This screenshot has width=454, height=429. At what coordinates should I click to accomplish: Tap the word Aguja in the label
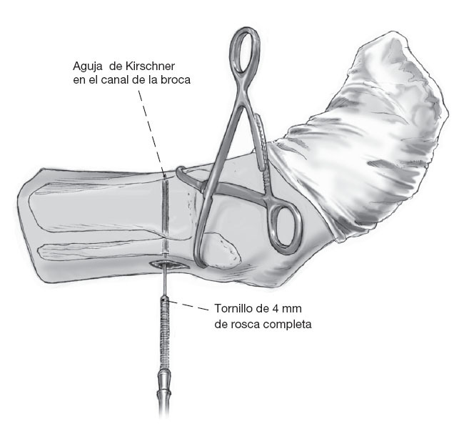point(88,66)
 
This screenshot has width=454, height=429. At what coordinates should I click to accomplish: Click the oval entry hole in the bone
point(168,267)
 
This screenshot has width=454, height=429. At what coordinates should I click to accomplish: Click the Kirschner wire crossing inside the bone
point(165,214)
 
